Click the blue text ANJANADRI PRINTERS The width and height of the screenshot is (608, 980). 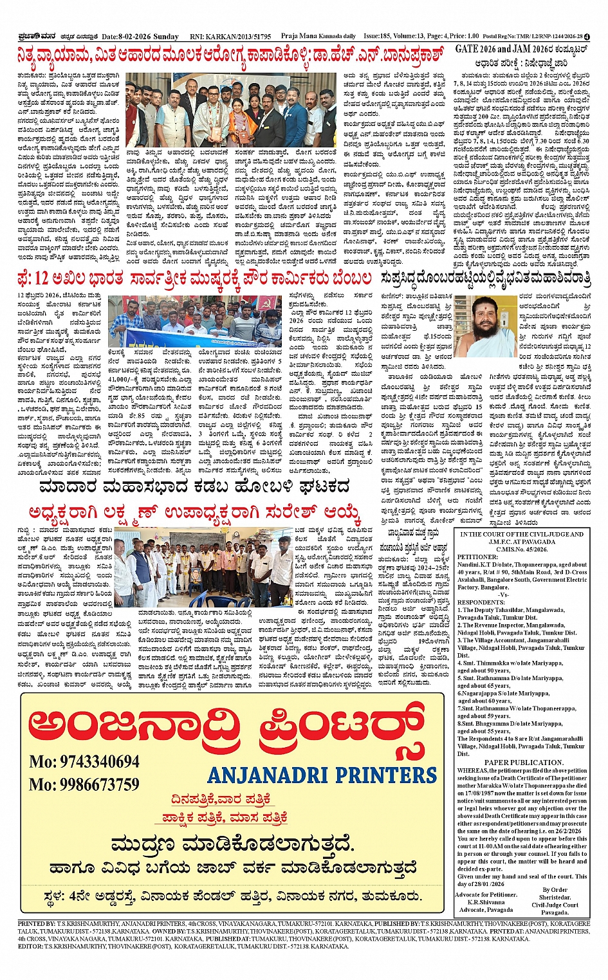click(322, 775)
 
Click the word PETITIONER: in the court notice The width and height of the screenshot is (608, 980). click(477, 557)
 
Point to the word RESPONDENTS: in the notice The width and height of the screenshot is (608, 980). click(480, 602)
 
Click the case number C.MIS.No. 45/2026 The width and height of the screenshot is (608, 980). click(522, 549)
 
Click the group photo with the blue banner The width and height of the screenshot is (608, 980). click(180, 320)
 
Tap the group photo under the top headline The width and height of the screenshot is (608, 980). click(231, 110)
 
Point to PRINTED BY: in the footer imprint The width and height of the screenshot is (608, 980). click(37, 923)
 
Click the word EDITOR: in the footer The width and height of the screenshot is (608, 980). click(31, 947)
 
